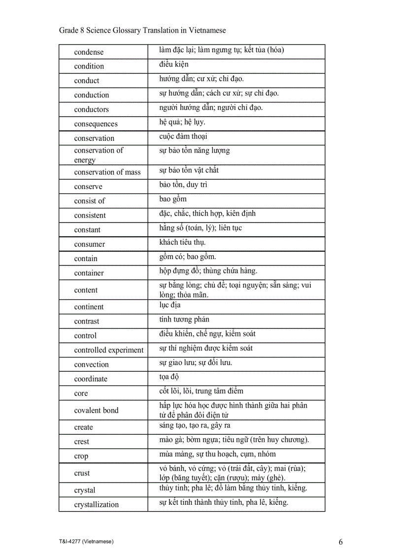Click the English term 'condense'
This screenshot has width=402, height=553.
coord(89,52)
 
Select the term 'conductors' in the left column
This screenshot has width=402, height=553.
coord(92,109)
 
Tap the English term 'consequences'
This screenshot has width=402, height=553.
coord(96,124)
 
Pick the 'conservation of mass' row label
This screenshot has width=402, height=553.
coord(107,172)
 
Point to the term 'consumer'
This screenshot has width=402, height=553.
coord(90,244)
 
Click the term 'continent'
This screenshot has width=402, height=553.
coord(89,307)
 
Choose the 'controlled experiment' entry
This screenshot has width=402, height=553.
coord(109,350)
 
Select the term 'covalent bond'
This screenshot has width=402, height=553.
coord(97,411)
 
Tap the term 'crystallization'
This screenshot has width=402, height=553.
coord(97,505)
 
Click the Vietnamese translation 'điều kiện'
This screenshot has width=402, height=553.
coord(174,65)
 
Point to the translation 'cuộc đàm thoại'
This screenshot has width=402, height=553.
coord(183,136)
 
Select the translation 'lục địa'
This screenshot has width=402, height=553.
coord(170,305)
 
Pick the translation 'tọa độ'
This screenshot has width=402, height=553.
coord(169,377)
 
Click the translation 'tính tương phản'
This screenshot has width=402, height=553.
coord(184,320)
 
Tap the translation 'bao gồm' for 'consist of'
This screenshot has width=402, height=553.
coord(173,199)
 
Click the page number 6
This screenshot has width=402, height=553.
coord(341,542)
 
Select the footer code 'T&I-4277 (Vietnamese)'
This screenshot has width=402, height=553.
coord(87,542)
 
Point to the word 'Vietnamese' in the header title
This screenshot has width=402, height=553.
coord(207,31)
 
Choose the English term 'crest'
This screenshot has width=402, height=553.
coord(82,442)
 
